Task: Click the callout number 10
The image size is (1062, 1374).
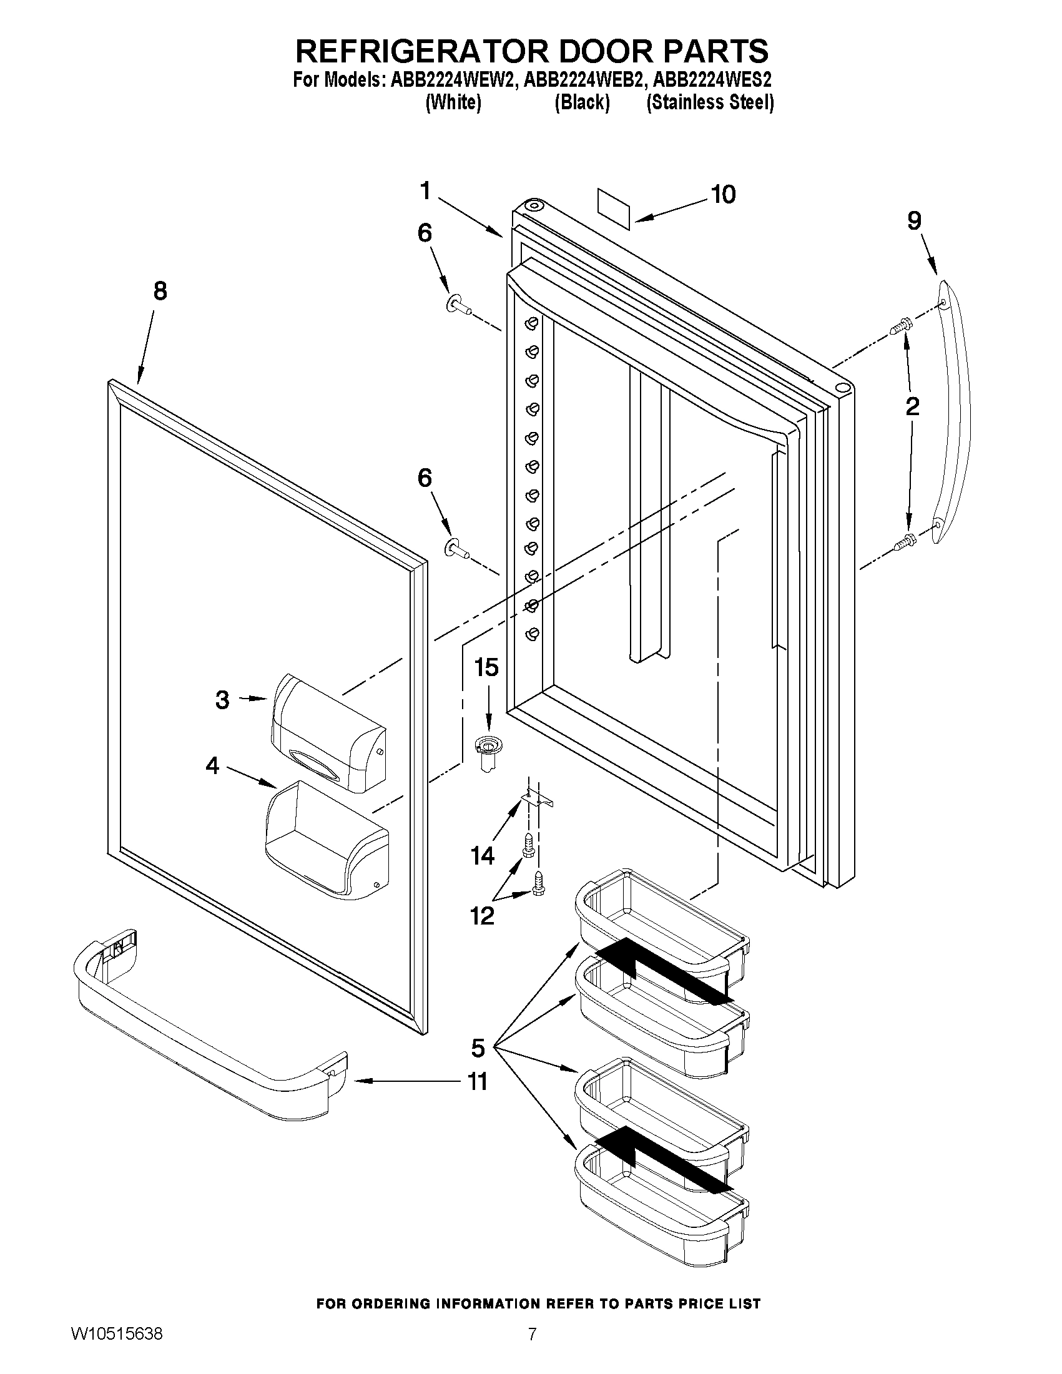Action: (724, 194)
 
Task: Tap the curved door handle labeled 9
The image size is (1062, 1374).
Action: (954, 412)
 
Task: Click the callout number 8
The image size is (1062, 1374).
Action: (160, 291)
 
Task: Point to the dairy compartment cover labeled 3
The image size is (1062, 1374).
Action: (327, 733)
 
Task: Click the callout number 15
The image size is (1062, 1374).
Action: (486, 667)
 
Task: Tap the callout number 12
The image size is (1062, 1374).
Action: (482, 916)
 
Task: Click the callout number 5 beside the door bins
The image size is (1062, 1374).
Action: (478, 1048)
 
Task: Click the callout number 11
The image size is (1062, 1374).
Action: (478, 1081)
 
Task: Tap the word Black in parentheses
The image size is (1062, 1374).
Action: (582, 102)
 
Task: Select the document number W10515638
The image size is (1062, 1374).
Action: (116, 1334)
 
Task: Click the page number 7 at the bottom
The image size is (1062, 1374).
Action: (533, 1334)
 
